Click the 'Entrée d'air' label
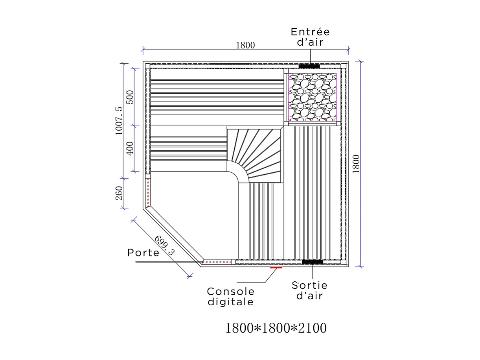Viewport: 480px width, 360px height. click(310, 37)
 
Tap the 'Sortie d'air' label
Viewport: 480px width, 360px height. click(309, 290)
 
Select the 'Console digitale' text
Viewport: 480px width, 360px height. click(231, 297)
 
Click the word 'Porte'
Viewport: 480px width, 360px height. click(143, 253)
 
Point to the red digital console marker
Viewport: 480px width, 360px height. click(276, 267)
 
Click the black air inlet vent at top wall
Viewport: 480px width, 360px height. click(309, 66)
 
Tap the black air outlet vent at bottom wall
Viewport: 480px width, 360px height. click(312, 262)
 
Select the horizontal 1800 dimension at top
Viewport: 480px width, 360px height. click(245, 45)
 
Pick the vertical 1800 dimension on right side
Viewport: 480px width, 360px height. click(356, 164)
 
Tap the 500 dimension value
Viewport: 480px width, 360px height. click(130, 97)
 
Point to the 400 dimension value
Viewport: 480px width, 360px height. click(130, 148)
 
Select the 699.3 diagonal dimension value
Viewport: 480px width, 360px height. click(164, 246)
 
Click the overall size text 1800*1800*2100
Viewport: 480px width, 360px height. click(276, 328)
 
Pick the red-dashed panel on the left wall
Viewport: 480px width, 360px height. click(148, 192)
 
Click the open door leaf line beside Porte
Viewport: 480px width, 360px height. click(167, 261)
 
